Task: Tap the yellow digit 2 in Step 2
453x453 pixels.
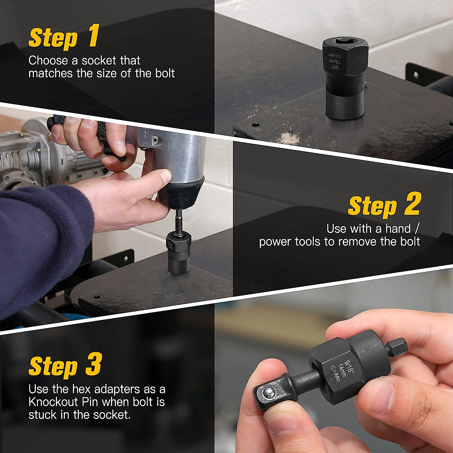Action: [411, 203]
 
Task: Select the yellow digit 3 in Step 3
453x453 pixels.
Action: [94, 364]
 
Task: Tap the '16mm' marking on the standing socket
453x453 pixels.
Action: [337, 62]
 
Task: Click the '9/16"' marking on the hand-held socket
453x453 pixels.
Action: [350, 367]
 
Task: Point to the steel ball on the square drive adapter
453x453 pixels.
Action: [269, 392]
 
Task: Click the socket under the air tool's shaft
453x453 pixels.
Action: [179, 254]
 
